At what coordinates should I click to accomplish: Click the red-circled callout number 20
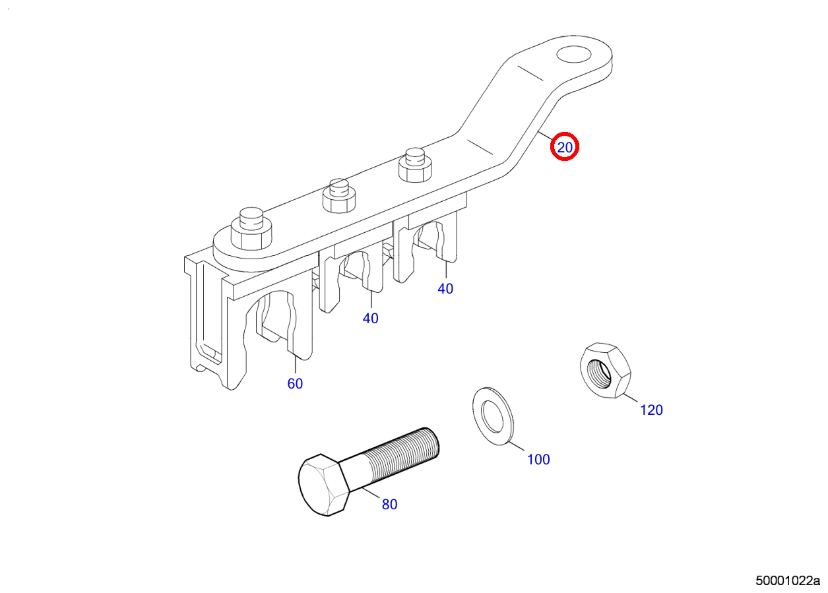point(565,147)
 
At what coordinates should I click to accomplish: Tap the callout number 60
point(295,384)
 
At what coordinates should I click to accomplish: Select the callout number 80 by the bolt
point(389,505)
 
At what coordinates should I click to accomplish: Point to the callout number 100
point(538,460)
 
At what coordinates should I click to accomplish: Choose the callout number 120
point(651,410)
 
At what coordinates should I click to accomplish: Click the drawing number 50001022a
point(788,581)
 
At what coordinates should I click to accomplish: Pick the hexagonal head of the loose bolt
point(323,485)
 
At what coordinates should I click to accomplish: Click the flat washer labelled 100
point(492,416)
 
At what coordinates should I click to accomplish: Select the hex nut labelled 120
point(605,370)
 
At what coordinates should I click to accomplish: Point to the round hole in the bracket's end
point(574,55)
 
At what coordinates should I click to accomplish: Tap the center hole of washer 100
point(492,418)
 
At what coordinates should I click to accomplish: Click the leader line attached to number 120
point(630,397)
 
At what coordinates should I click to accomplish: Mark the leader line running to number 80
point(371,493)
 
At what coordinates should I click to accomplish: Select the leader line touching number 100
point(516,447)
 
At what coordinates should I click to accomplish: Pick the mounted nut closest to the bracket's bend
point(415,165)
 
